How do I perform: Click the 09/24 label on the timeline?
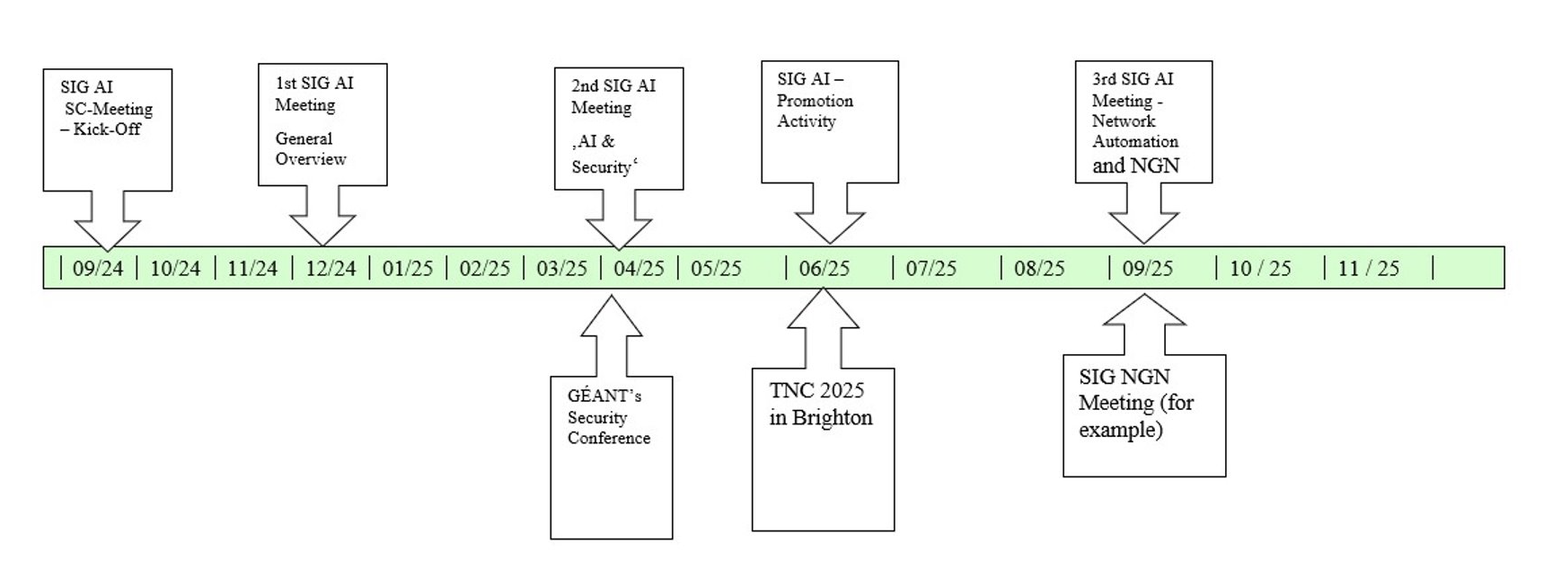[x=98, y=268]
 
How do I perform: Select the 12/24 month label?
[x=331, y=268]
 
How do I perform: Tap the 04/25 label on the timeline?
[x=639, y=268]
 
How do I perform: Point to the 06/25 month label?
[x=824, y=268]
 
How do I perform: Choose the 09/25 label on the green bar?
[x=1147, y=268]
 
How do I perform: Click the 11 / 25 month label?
[x=1368, y=268]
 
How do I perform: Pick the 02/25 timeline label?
[x=485, y=268]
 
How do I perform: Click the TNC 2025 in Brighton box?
[x=823, y=449]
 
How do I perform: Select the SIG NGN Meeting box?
[x=1143, y=415]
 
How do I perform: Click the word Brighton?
[x=833, y=418]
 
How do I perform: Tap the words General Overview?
[x=310, y=149]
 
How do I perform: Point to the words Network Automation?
[x=1134, y=131]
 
